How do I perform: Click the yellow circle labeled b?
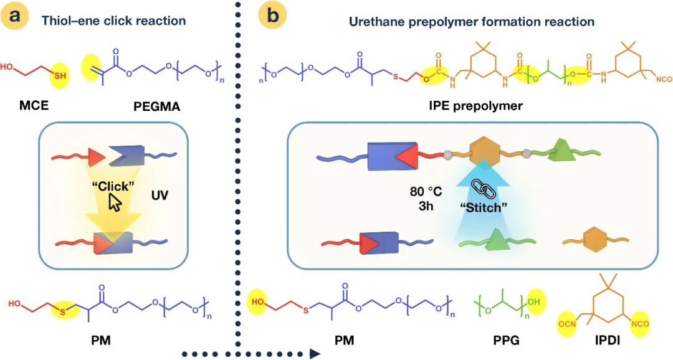272,18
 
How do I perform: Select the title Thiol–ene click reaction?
114,21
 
